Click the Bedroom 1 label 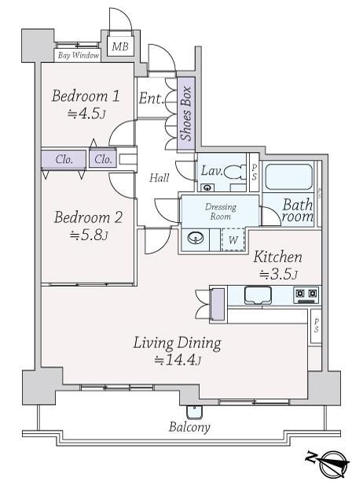[x=86, y=95]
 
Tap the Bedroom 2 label [x=88, y=217]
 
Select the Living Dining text [x=178, y=343]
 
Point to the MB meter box [x=120, y=46]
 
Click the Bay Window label [x=79, y=55]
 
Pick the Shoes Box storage [x=186, y=114]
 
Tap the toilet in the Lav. [x=235, y=172]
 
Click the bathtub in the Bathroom [x=289, y=176]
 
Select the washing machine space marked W [x=233, y=239]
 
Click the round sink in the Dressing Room [x=196, y=239]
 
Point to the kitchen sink [x=258, y=295]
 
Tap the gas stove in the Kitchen [x=306, y=295]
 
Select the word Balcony [x=189, y=428]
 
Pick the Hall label [x=159, y=178]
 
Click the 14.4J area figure [x=178, y=360]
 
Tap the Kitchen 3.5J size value [x=278, y=274]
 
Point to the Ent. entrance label [x=151, y=98]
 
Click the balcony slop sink [x=194, y=412]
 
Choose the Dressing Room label [x=220, y=211]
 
